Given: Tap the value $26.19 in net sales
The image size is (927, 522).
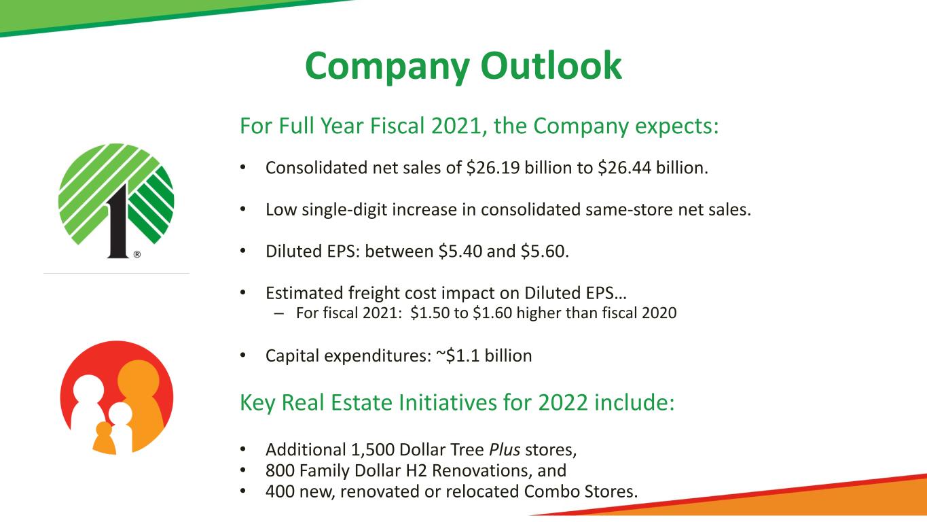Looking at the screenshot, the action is (493, 168).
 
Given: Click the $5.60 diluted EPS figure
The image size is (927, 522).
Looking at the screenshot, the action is (545, 251).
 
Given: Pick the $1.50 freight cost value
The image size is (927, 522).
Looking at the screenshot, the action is (430, 313).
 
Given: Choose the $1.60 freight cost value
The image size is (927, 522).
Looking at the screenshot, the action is (492, 313).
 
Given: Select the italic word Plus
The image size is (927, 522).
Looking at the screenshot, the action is (505, 449).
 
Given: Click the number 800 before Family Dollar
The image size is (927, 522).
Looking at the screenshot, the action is (280, 470).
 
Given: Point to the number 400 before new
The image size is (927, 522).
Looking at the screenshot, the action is (280, 492).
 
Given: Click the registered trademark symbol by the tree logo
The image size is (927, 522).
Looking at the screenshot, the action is (137, 254).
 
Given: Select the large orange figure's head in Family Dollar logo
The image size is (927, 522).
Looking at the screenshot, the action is (139, 378).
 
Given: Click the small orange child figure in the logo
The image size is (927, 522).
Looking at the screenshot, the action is (104, 438).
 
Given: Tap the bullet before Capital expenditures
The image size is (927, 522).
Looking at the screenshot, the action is (243, 355).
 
